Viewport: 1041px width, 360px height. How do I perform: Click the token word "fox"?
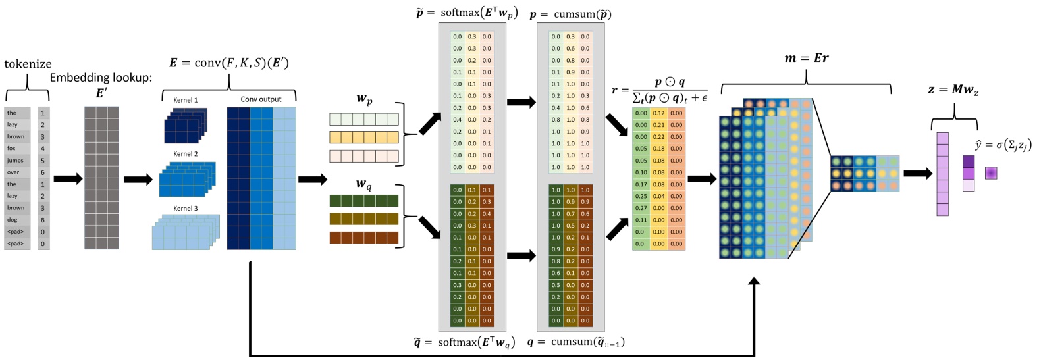[11, 149]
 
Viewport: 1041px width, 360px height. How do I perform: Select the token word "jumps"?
[15, 161]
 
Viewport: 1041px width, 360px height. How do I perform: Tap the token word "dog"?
[12, 220]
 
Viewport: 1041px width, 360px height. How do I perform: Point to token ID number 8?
[43, 220]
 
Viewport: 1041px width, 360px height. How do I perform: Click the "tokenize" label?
[28, 64]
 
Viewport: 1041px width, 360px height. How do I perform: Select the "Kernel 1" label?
[185, 100]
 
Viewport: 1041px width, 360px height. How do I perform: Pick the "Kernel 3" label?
[185, 209]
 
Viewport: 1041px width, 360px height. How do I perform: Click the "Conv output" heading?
[261, 99]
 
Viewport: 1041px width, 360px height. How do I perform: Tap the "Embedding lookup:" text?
[101, 78]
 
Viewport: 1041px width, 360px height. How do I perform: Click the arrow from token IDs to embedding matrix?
[67, 179]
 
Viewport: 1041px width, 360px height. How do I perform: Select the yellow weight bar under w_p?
[363, 138]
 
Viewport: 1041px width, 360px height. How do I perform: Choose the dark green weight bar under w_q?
[363, 201]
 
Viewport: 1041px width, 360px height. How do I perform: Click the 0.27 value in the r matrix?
[641, 208]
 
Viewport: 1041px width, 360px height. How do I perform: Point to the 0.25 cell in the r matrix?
[641, 196]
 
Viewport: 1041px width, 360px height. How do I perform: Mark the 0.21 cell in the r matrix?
[658, 125]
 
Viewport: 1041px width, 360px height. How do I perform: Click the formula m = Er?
[806, 58]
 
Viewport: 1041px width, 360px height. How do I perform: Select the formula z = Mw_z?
[953, 90]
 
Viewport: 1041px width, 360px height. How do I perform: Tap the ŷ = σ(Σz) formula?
[1002, 145]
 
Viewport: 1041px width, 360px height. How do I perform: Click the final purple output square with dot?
[991, 173]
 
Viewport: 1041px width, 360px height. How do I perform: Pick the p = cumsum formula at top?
[570, 14]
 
